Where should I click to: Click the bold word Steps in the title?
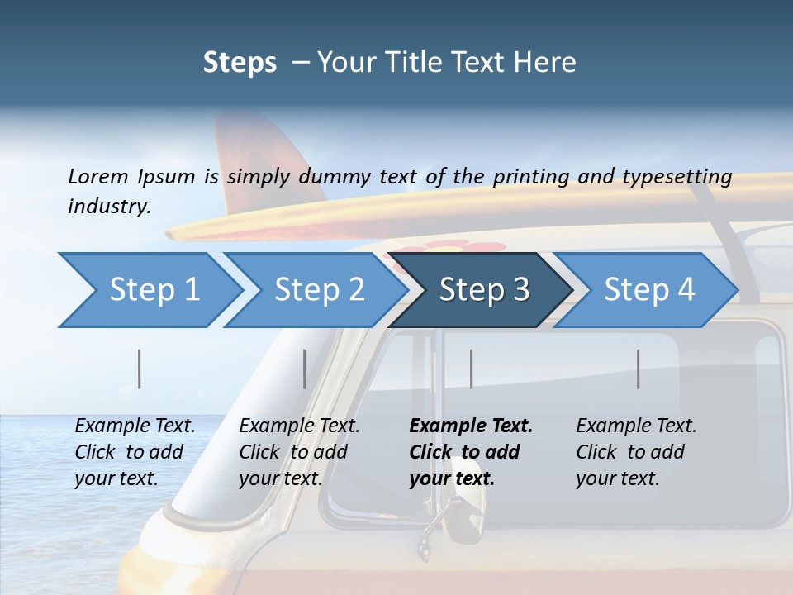[240, 62]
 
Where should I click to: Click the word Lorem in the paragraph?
[97, 176]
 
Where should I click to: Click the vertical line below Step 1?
[140, 369]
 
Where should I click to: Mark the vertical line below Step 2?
[305, 369]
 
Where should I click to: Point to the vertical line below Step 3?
[472, 369]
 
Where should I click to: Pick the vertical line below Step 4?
[639, 369]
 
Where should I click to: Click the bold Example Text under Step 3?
[471, 426]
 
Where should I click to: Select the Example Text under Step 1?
[135, 426]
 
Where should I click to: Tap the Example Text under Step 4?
[636, 426]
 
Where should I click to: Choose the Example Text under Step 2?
[299, 426]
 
